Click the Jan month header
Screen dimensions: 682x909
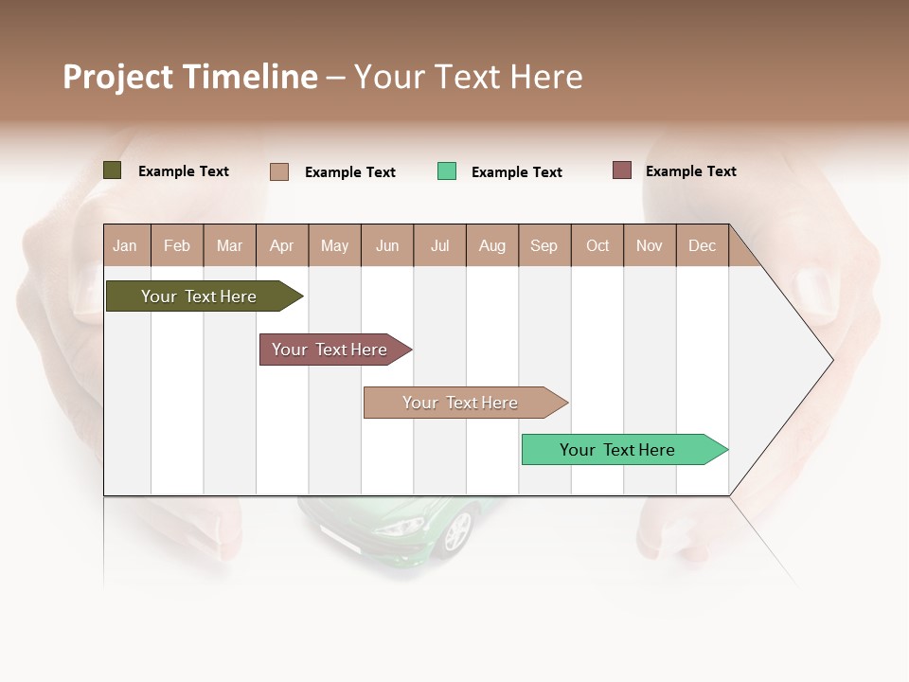pyautogui.click(x=126, y=245)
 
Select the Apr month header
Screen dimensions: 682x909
pyautogui.click(x=281, y=245)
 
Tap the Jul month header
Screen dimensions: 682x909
pyautogui.click(x=439, y=245)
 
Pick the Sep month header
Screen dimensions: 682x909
pyautogui.click(x=544, y=245)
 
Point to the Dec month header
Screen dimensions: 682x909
pyautogui.click(x=702, y=245)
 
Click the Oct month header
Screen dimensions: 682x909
pyautogui.click(x=597, y=245)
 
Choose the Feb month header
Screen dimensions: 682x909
pyautogui.click(x=177, y=245)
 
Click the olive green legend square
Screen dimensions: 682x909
pyautogui.click(x=113, y=170)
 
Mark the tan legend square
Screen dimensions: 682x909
pyautogui.click(x=279, y=171)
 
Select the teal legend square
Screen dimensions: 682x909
pyautogui.click(x=447, y=171)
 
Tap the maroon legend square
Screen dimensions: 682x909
pyautogui.click(x=622, y=170)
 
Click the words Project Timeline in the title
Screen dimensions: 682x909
pyautogui.click(x=189, y=77)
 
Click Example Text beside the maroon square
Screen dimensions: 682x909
pyautogui.click(x=690, y=171)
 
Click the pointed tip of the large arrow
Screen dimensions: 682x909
pyautogui.click(x=830, y=360)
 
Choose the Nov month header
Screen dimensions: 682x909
pyautogui.click(x=650, y=245)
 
